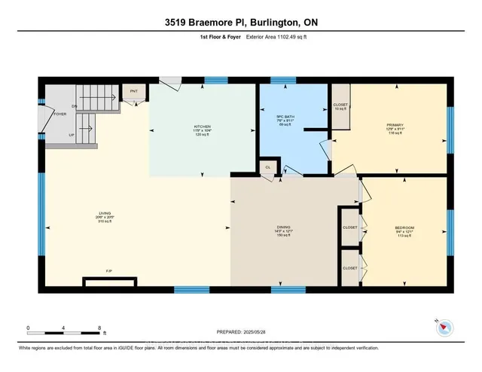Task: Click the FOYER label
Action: coord(59,114)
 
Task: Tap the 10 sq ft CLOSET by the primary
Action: coord(340,106)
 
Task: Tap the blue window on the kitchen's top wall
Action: coord(216,79)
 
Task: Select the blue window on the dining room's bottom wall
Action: coord(282,289)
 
